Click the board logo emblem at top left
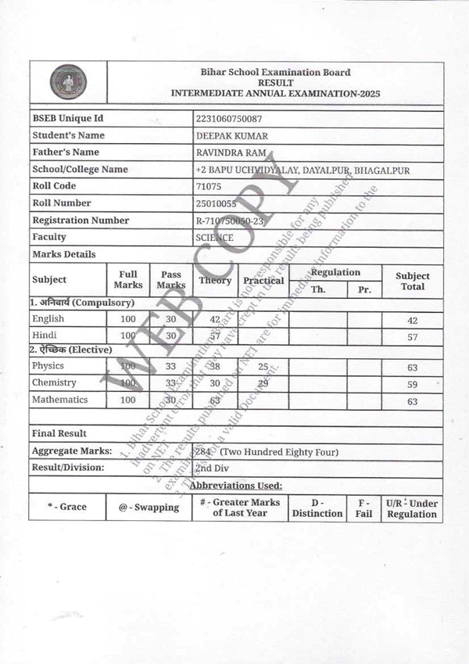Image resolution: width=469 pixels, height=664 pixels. click(68, 83)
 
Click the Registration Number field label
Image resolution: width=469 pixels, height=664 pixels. click(81, 221)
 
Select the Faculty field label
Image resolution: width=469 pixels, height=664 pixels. click(49, 237)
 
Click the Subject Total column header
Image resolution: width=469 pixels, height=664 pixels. click(412, 281)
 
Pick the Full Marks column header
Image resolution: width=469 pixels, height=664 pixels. click(127, 279)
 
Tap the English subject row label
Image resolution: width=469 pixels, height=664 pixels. click(48, 318)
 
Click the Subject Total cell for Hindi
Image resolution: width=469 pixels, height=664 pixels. click(412, 336)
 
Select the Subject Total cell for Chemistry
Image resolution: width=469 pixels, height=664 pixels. click(412, 385)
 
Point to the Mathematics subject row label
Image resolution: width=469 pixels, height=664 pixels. click(59, 400)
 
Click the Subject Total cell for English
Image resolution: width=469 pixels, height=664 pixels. click(412, 321)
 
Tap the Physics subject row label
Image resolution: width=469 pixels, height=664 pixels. click(48, 366)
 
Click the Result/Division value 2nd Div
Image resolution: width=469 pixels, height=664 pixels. click(212, 468)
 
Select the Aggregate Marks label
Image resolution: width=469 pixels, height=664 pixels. click(71, 451)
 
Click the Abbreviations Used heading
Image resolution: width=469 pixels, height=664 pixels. click(236, 485)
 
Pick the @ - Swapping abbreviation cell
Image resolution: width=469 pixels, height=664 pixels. click(149, 508)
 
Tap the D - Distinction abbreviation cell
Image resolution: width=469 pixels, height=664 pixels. click(317, 508)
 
